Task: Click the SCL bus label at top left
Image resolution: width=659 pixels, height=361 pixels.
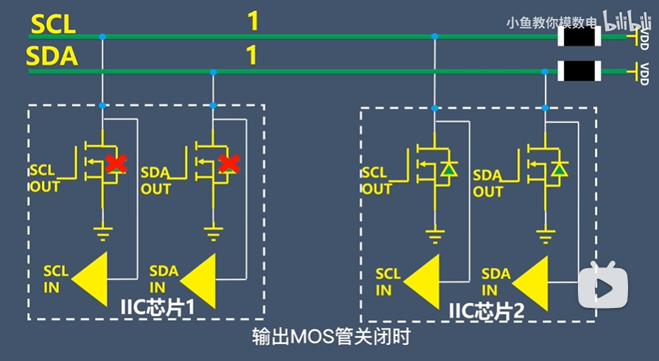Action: click(52, 24)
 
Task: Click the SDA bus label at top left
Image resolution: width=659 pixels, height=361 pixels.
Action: click(52, 57)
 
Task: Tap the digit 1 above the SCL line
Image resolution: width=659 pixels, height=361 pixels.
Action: click(253, 21)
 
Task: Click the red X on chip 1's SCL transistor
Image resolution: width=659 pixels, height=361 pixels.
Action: click(115, 164)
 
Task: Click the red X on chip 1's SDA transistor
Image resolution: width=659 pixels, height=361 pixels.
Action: click(229, 164)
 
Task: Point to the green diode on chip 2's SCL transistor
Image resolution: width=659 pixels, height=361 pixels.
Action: click(448, 171)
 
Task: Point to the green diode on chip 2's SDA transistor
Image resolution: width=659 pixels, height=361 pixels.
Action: click(560, 170)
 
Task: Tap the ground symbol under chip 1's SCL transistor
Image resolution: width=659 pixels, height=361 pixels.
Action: click(102, 235)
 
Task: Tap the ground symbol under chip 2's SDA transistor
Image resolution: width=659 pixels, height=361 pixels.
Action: click(545, 236)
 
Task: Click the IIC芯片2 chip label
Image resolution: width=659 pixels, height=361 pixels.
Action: click(487, 309)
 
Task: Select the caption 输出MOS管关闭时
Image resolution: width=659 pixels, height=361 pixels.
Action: click(330, 337)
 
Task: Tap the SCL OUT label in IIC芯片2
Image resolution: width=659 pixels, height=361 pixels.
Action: click(377, 180)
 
